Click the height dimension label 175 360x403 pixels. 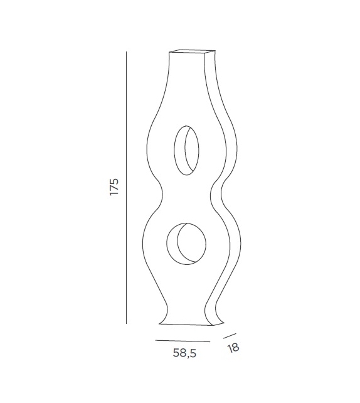114,187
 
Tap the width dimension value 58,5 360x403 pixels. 185,353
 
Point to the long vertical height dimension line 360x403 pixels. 126,188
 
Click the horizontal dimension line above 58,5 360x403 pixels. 183,341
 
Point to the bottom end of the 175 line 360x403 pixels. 126,323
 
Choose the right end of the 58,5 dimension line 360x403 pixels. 210,341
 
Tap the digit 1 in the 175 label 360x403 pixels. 114,195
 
